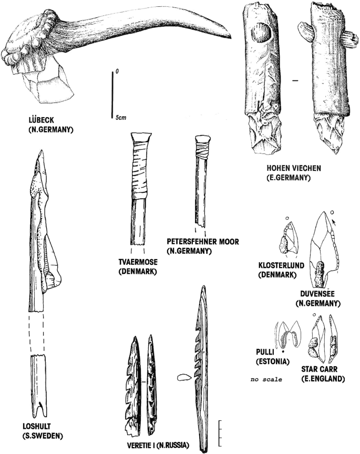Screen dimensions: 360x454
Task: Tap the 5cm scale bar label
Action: point(121,118)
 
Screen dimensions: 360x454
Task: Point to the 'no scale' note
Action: point(266,379)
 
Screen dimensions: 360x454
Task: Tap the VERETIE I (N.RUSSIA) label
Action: point(158,445)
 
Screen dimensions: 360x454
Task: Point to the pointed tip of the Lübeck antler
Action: point(230,36)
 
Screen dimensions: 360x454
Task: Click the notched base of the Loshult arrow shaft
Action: point(38,408)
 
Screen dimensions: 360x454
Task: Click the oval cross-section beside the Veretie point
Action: point(183,377)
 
